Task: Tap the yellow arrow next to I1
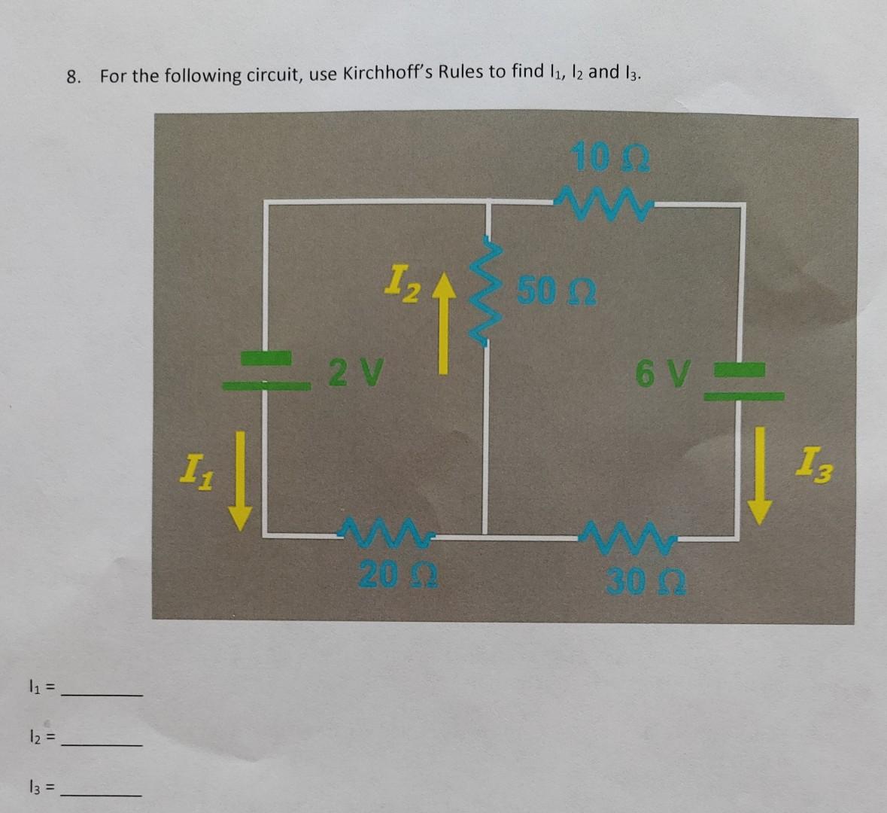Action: [241, 480]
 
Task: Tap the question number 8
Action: [73, 76]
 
